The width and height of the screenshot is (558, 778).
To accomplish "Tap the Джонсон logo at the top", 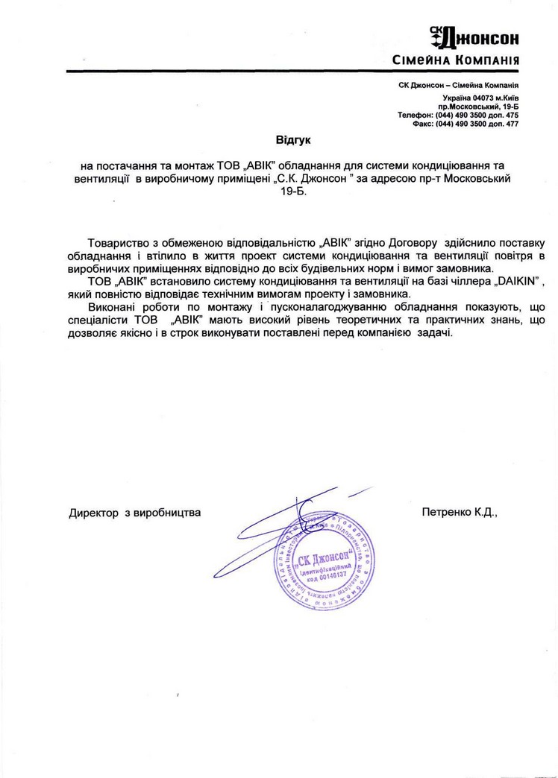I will (x=474, y=36).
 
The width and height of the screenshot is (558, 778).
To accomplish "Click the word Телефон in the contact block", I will (x=415, y=116).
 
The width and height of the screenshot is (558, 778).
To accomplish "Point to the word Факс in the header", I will (x=423, y=124).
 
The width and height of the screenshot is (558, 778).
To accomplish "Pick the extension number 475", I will (x=512, y=116).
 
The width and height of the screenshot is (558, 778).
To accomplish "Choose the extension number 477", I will (x=512, y=124).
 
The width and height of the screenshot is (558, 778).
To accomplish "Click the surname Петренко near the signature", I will (x=445, y=513).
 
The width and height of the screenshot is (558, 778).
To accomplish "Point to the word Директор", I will (x=94, y=513).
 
